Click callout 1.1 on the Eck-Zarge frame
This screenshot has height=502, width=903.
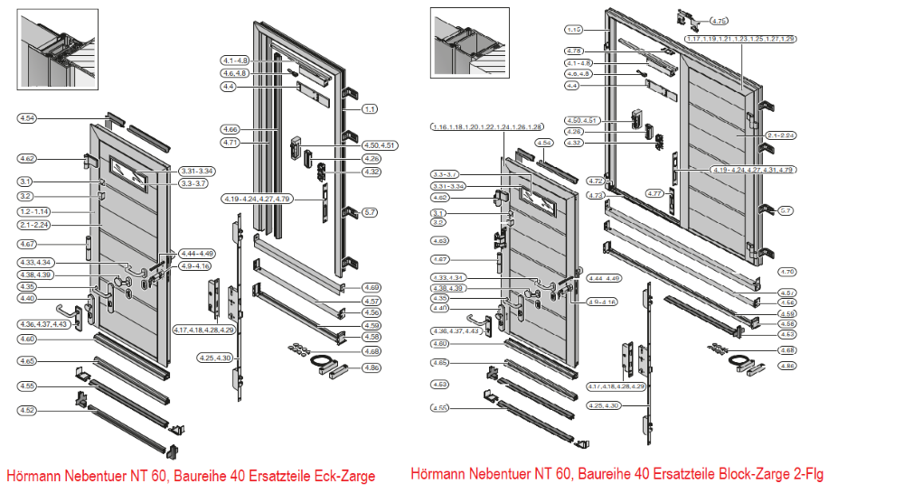point(369,109)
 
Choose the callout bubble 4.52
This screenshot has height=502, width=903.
point(27,411)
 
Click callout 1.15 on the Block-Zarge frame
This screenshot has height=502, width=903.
point(574,30)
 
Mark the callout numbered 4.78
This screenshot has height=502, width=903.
point(574,51)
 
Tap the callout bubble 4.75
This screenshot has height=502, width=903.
point(720,20)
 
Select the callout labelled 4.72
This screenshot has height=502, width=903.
point(595,181)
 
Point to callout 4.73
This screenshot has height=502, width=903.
point(595,195)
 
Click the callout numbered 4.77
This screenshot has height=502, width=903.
point(655,192)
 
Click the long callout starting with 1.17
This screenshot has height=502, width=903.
point(740,40)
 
